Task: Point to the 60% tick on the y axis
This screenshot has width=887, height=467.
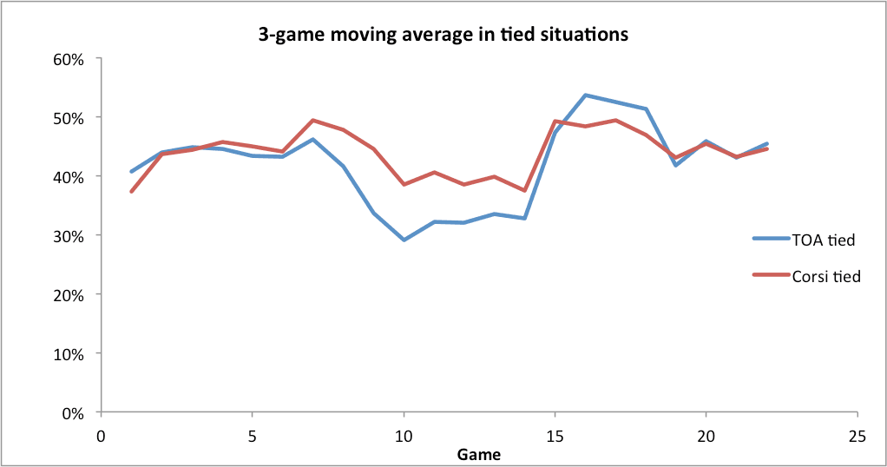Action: click(x=69, y=59)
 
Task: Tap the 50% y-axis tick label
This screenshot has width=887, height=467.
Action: click(x=69, y=118)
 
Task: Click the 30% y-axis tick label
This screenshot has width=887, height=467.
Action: click(x=69, y=236)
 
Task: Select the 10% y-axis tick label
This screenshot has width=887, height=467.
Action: click(x=69, y=354)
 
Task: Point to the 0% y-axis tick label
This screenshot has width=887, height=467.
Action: click(x=72, y=413)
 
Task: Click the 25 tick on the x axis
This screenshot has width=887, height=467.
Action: click(x=857, y=435)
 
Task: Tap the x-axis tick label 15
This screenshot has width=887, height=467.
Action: click(x=555, y=435)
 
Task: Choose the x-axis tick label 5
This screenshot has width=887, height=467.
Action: click(x=252, y=435)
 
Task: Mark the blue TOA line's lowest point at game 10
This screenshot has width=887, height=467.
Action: click(x=404, y=240)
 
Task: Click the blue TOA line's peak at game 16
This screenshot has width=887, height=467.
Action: click(x=585, y=95)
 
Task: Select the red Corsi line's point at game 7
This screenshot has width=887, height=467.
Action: click(x=312, y=121)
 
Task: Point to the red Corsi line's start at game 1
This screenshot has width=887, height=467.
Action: click(x=131, y=192)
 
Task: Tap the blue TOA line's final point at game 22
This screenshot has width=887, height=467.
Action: click(x=766, y=144)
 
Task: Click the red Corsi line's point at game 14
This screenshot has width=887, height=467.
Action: click(x=524, y=190)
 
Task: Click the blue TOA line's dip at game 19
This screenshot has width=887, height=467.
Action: click(x=676, y=165)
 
